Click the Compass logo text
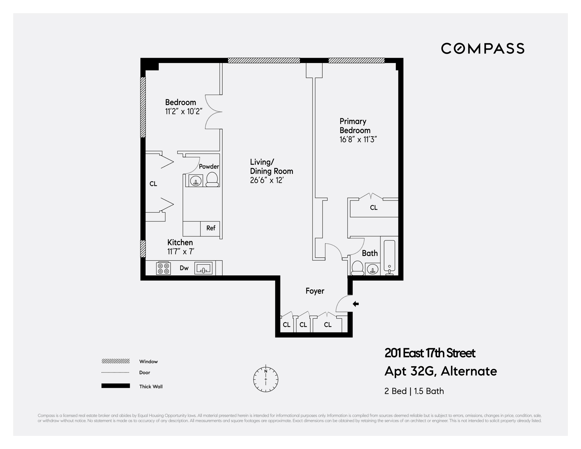[x=482, y=48]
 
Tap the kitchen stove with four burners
[x=163, y=268]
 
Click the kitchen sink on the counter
[x=204, y=268]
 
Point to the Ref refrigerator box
[x=210, y=228]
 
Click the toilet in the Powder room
[x=212, y=180]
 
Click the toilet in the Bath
[x=357, y=268]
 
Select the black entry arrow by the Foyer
[x=356, y=304]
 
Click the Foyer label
[x=315, y=291]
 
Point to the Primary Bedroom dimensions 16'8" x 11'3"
[x=358, y=140]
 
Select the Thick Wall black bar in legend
[x=115, y=386]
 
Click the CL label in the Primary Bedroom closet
[x=374, y=208]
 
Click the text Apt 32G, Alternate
[x=440, y=371]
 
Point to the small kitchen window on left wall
[x=143, y=249]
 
